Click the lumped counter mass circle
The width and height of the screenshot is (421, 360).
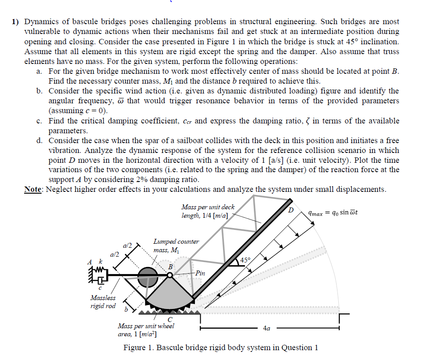click(147, 275)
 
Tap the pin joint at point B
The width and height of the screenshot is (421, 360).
click(170, 275)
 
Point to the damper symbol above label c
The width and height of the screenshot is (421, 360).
click(100, 281)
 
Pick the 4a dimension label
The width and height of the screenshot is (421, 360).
click(267, 329)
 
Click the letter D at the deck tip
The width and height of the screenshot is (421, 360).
click(291, 209)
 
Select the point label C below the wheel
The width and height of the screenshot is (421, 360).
click(170, 319)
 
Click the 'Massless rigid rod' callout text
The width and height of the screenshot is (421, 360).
click(103, 302)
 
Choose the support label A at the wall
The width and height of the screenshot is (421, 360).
click(90, 261)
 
